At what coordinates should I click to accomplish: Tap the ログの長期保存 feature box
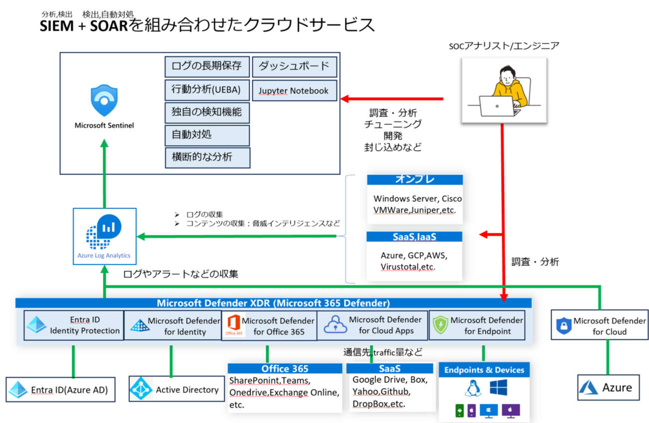coord(207,66)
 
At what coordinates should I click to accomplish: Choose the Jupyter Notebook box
coord(294,90)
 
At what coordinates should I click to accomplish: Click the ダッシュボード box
coord(294,66)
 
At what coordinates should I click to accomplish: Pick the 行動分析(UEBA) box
coord(207,90)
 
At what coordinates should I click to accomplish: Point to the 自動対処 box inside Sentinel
coord(207,135)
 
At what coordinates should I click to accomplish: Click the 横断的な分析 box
coord(207,157)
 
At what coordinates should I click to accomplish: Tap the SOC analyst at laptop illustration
coord(503,90)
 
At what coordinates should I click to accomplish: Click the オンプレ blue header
coord(414,180)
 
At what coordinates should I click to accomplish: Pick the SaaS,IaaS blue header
coord(414,236)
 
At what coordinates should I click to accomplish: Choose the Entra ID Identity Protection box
coord(73,325)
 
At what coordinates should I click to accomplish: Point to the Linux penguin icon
coord(469,387)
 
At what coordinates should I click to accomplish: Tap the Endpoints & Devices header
coord(484,370)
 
